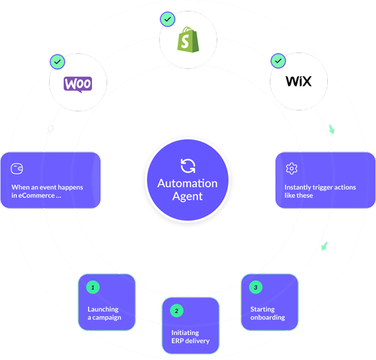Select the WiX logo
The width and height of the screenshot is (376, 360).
pos(299,82)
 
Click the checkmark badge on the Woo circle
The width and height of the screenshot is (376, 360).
pos(56,62)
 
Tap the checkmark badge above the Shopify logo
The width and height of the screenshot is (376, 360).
pos(167,20)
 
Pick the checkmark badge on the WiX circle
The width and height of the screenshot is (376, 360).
pos(278,62)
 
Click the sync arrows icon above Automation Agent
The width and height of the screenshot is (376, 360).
pos(187,166)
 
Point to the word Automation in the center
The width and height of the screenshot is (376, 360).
pos(187,184)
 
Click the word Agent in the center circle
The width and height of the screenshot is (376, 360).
pos(187,196)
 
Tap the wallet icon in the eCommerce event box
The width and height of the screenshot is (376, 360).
pos(17,168)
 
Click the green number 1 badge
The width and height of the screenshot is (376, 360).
pos(93,286)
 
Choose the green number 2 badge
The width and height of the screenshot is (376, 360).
pos(177,311)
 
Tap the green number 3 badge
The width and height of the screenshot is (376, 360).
pos(255,286)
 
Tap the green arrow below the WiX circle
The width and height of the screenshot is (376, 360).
pos(332,130)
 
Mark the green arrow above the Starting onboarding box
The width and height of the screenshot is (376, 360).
pos(324,246)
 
